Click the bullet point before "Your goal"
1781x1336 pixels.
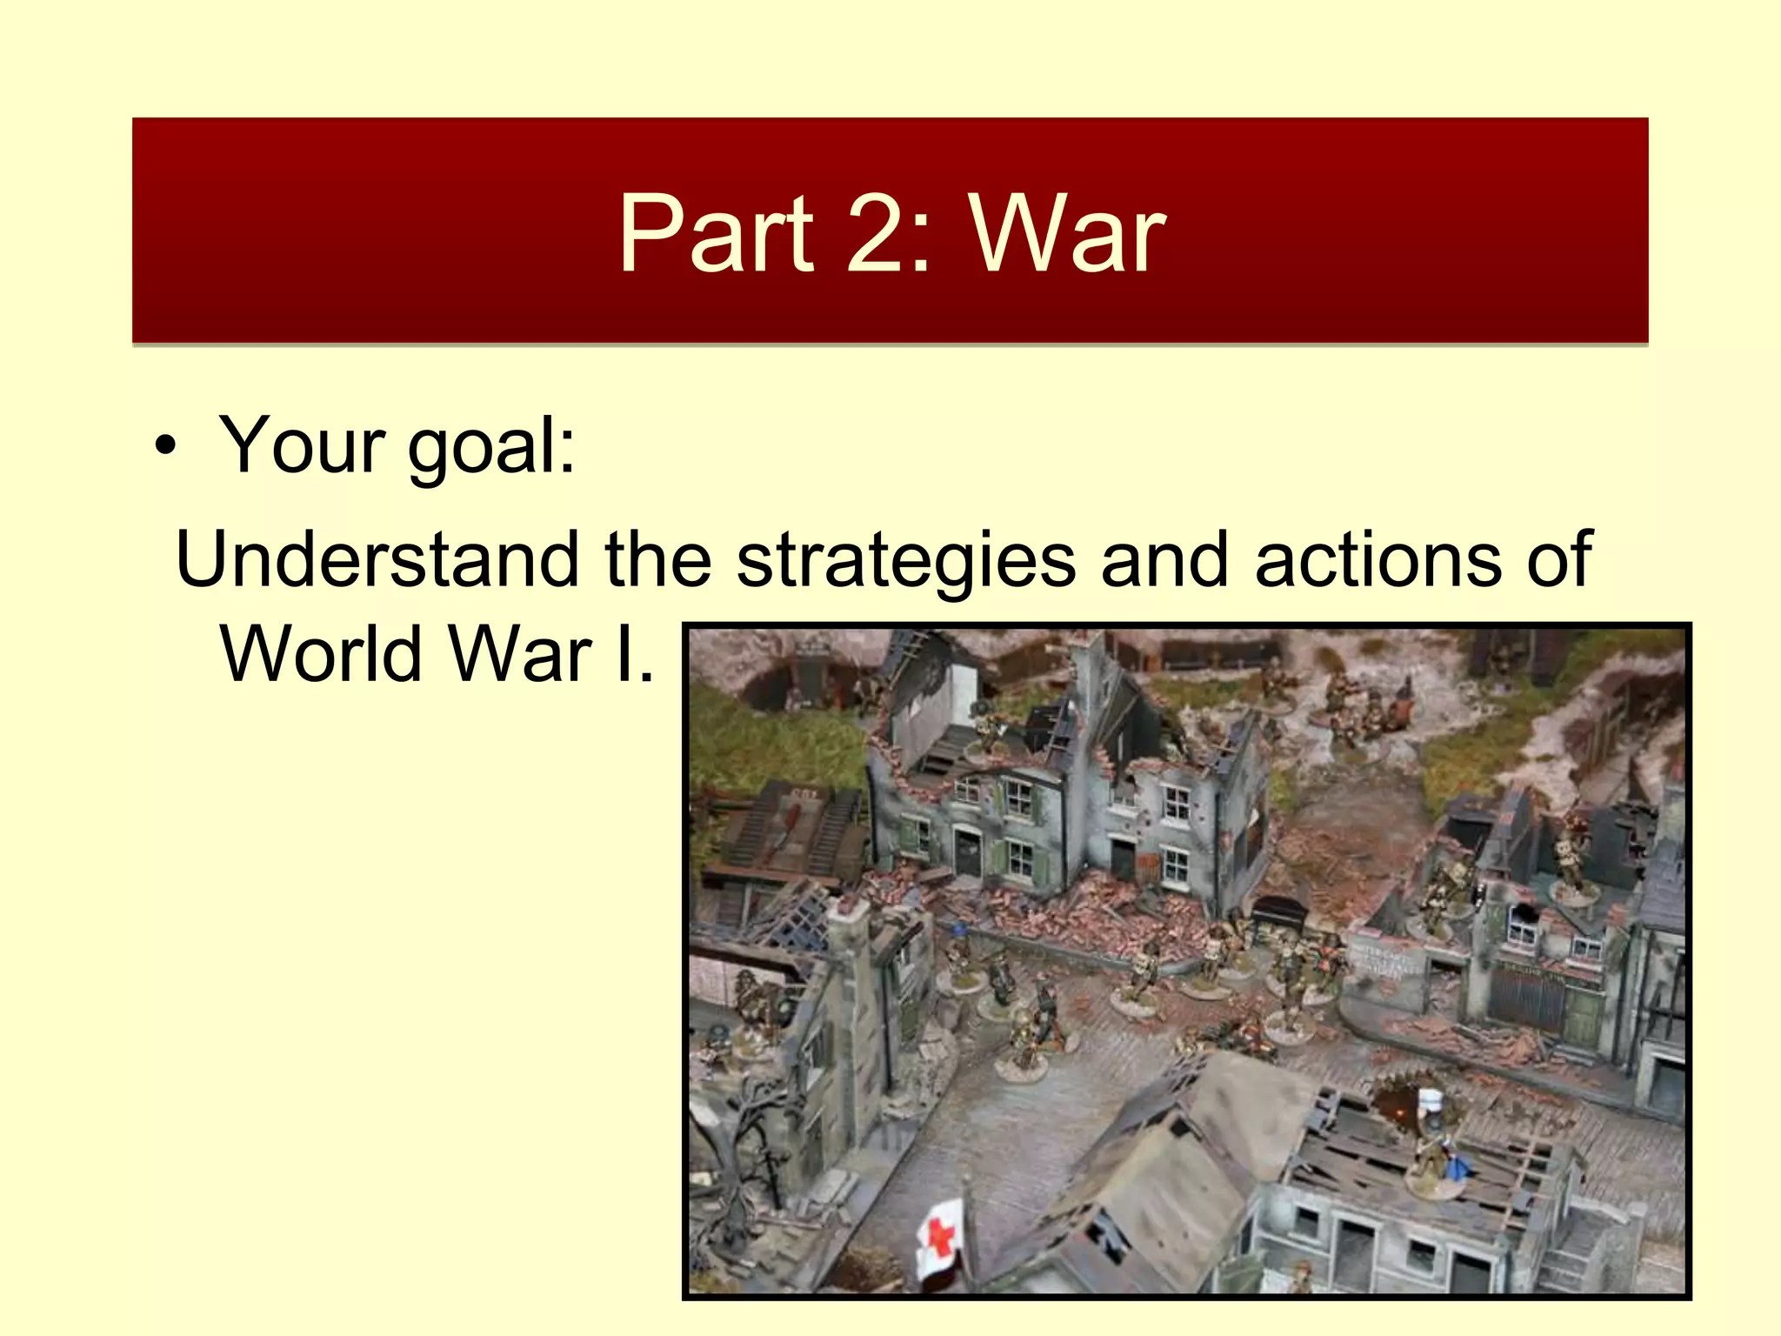(165, 448)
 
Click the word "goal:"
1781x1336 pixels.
(491, 448)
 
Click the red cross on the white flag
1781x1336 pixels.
(939, 1236)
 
